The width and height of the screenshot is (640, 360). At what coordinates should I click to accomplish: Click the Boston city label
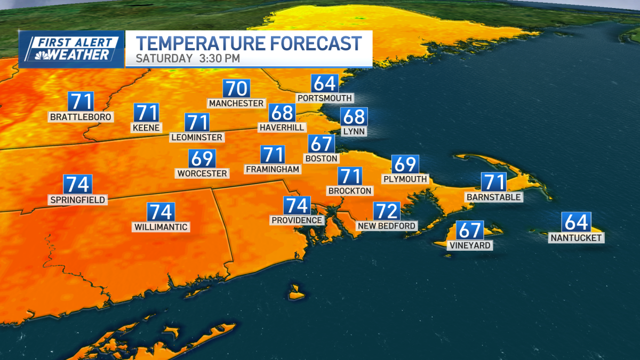[321, 158]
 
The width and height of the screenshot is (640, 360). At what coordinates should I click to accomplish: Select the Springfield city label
[78, 200]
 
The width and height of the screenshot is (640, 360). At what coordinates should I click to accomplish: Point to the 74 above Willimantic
[161, 212]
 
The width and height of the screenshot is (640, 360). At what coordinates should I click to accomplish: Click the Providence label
[297, 220]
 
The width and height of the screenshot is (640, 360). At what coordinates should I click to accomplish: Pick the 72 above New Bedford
[387, 211]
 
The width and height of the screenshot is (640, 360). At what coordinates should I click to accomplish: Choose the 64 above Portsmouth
[325, 84]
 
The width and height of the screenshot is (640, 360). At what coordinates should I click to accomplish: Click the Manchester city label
[236, 103]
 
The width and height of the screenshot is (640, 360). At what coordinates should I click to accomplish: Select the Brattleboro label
[81, 116]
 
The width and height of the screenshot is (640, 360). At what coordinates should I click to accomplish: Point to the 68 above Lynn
[354, 116]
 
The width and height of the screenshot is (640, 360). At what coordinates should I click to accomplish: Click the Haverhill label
[282, 127]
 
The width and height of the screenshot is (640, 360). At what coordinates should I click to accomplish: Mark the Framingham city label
[273, 169]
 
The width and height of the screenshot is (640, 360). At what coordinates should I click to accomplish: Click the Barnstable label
[493, 197]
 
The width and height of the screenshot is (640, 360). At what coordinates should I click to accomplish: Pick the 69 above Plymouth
[405, 164]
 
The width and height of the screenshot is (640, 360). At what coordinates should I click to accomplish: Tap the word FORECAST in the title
[306, 43]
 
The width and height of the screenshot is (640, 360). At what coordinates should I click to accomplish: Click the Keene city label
[147, 127]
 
